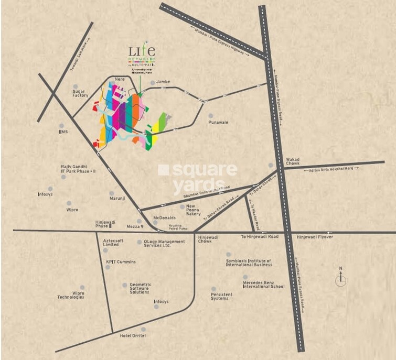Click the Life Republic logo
click(142, 56)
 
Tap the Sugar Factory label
click(81, 93)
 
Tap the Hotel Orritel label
click(133, 335)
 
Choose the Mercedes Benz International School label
click(263, 285)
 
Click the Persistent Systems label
click(221, 296)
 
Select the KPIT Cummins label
click(121, 261)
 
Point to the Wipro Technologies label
click(71, 295)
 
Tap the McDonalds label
click(164, 217)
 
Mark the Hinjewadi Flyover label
click(315, 237)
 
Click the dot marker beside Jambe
click(153, 83)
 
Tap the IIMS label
click(63, 132)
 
